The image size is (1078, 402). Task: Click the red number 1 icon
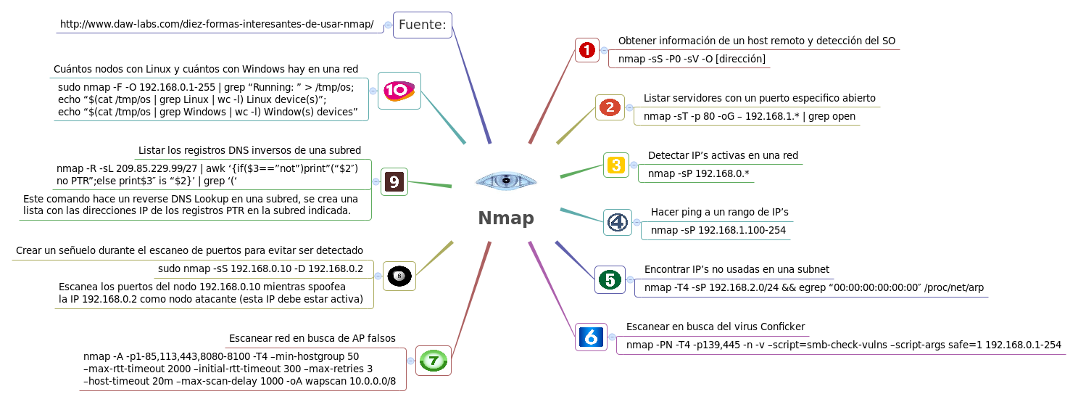click(586, 50)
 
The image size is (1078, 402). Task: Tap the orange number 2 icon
click(610, 107)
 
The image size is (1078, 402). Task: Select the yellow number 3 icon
click(615, 165)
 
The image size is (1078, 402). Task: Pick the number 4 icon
click(617, 222)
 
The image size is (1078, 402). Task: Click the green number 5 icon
click(610, 279)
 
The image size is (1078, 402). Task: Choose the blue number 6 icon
click(590, 337)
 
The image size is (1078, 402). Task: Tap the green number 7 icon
click(433, 360)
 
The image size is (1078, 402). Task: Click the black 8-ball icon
click(399, 276)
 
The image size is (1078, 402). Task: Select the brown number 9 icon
click(394, 181)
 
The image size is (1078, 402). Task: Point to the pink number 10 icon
click(399, 91)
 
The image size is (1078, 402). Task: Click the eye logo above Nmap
click(506, 180)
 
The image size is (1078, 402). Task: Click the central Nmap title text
click(506, 218)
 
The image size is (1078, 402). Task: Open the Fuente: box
click(422, 25)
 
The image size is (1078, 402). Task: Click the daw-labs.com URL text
click(217, 25)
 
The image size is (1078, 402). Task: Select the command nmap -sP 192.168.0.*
click(698, 173)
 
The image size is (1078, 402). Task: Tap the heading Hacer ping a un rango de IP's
click(719, 212)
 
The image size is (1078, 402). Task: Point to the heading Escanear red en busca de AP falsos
click(312, 338)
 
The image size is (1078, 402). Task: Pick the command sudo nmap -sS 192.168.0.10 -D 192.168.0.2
click(260, 268)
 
